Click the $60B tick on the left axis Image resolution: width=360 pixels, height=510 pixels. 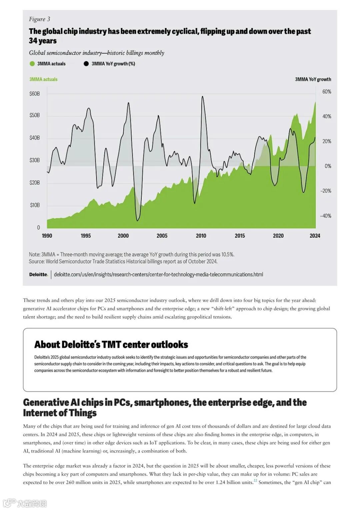(34, 94)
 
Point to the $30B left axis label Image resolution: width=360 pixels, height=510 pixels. (34, 160)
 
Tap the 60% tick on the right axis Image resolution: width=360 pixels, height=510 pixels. (326, 92)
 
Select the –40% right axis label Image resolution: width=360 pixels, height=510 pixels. (325, 216)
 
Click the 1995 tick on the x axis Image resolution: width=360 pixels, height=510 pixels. (86, 236)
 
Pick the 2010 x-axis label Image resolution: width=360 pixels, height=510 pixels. (201, 236)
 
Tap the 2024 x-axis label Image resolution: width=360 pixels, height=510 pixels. (315, 236)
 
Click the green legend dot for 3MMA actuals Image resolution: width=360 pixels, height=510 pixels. (32, 64)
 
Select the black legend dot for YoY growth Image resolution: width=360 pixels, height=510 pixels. (86, 64)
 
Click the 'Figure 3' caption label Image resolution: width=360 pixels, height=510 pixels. (39, 19)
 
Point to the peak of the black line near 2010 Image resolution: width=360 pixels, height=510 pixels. (202, 97)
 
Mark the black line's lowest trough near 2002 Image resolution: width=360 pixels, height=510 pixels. (138, 220)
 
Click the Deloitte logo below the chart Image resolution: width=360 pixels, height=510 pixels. (38, 274)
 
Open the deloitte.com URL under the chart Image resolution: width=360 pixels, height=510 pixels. (158, 274)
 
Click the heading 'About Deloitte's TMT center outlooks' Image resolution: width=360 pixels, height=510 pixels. (111, 344)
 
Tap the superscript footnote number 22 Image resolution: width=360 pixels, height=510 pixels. (255, 481)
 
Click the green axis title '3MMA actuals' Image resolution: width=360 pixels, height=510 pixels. (43, 79)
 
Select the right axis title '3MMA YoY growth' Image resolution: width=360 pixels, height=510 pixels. (313, 79)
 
